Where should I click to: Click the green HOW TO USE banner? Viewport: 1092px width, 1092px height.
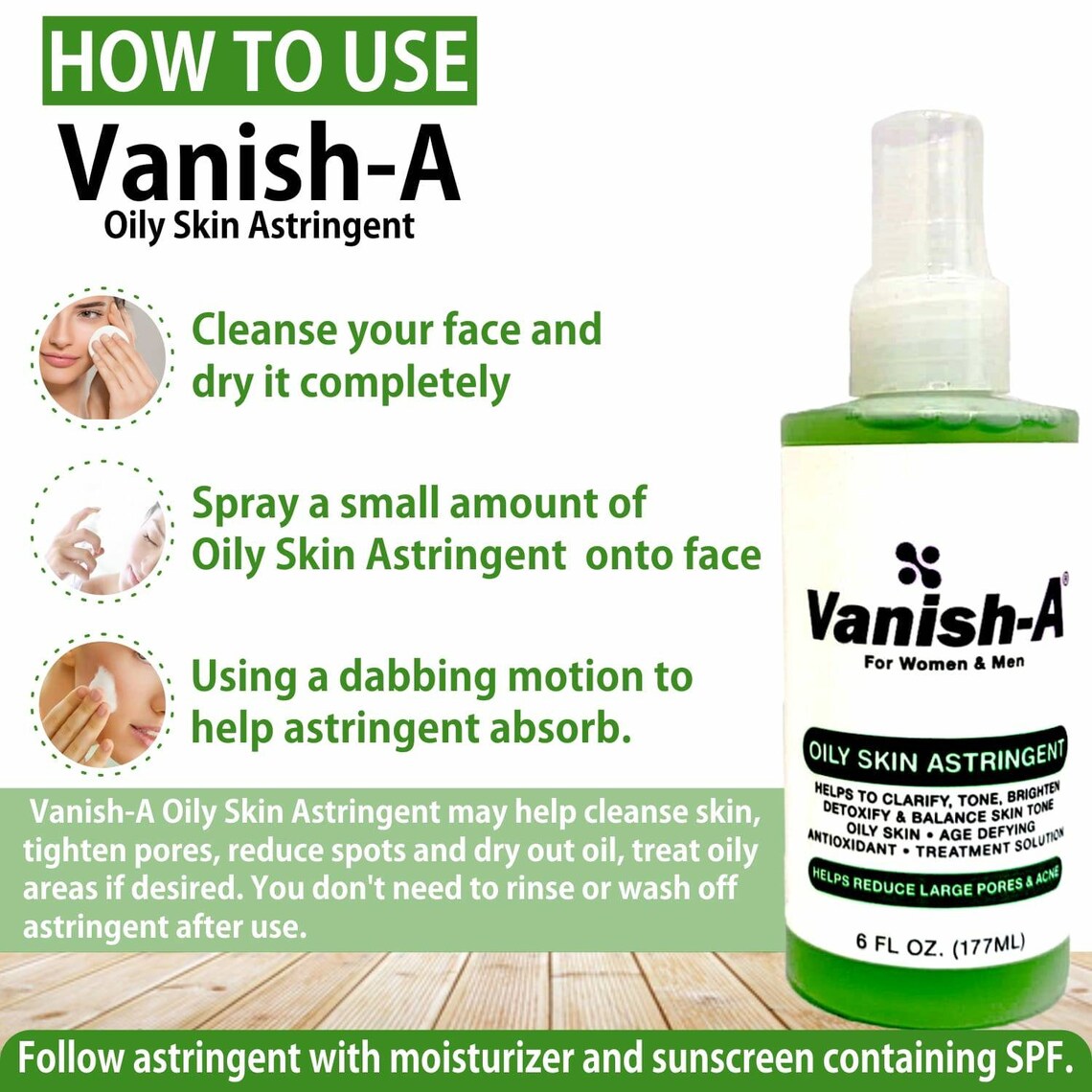(259, 59)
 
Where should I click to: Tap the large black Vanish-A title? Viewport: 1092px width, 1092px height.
(261, 165)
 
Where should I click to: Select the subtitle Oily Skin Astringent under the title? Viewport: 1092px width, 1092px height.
(261, 226)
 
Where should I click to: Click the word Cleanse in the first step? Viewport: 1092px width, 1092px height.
(259, 330)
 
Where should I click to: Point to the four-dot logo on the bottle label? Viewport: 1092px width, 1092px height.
(918, 564)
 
